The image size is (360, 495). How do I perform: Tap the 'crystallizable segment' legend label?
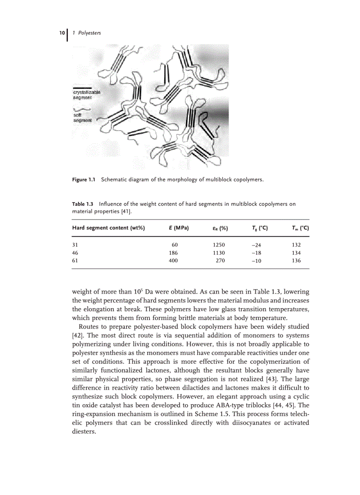[86, 95]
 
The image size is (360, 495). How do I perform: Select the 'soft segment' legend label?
[82, 118]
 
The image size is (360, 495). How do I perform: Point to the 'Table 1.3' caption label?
[83, 204]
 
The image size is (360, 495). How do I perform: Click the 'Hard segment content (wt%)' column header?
[109, 228]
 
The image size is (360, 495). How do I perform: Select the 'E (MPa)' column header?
[179, 228]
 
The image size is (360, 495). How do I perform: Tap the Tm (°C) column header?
[300, 228]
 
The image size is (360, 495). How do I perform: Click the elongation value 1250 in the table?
[218, 245]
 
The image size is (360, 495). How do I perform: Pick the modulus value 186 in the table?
[173, 253]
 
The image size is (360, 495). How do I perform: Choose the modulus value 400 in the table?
[173, 261]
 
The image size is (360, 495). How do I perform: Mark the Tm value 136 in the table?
[296, 261]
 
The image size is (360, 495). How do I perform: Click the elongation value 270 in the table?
[220, 261]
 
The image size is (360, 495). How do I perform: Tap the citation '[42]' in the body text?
[77, 335]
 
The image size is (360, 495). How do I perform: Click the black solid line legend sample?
[82, 87]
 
